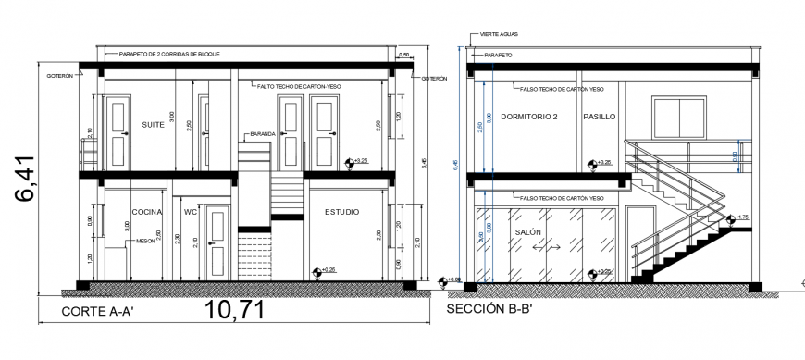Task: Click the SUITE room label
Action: coord(153,124)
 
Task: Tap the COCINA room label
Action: coord(146,212)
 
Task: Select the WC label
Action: coord(191,212)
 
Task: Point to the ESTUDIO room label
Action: coord(341,213)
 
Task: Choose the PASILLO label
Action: coord(599,117)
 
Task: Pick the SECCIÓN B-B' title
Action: coord(489,308)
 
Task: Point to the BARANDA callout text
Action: coord(261,134)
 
